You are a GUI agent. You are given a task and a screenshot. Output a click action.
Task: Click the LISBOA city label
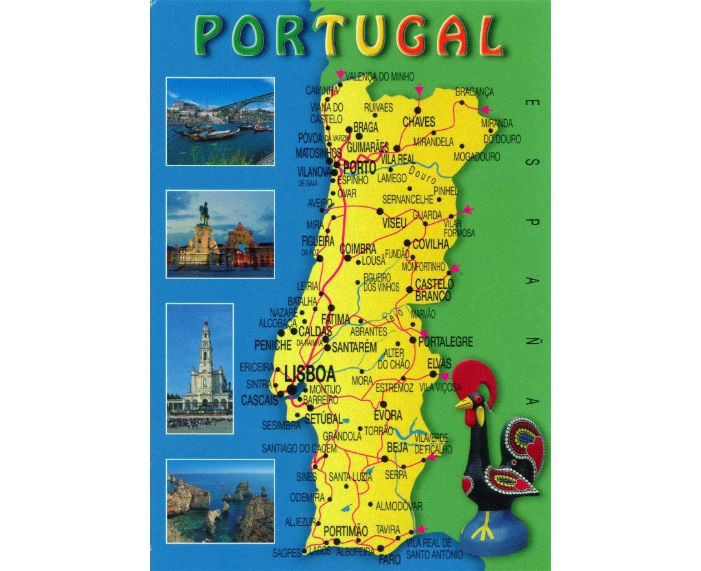pyautogui.click(x=310, y=374)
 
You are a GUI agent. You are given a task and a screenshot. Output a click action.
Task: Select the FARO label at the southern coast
pyautogui.click(x=389, y=559)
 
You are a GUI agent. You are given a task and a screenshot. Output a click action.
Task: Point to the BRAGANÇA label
pyautogui.click(x=474, y=92)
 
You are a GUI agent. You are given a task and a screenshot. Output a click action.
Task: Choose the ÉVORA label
pyautogui.click(x=387, y=415)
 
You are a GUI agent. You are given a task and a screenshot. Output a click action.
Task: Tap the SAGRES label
pyautogui.click(x=286, y=553)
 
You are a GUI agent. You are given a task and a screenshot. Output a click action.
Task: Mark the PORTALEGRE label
pyautogui.click(x=446, y=342)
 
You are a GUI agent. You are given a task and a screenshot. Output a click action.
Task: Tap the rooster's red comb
pyautogui.click(x=478, y=380)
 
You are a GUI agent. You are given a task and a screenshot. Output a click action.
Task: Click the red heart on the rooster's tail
pyautogui.click(x=534, y=447)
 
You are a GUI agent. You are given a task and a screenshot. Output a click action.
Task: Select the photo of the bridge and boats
pyautogui.click(x=220, y=121)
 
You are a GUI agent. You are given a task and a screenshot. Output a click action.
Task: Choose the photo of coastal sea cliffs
pyautogui.click(x=220, y=500)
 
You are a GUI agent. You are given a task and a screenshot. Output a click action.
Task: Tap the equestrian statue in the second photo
pyautogui.click(x=204, y=214)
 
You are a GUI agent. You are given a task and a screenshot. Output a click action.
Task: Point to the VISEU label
pyautogui.click(x=394, y=223)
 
